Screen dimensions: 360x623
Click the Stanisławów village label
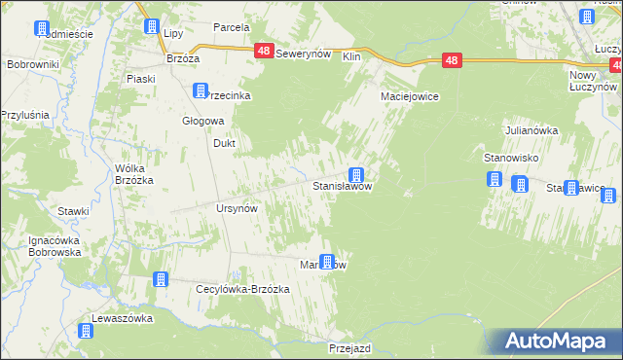click(341, 185)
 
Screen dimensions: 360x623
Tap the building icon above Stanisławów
click(357, 175)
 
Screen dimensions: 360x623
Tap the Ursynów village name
click(236, 209)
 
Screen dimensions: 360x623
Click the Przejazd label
click(352, 347)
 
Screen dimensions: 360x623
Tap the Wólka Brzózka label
click(135, 173)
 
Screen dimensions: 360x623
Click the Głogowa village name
click(204, 121)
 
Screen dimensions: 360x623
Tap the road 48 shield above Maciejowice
click(451, 60)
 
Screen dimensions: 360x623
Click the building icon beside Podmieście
click(41, 28)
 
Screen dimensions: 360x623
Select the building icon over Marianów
click(328, 260)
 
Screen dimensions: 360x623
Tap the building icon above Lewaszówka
click(86, 331)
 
